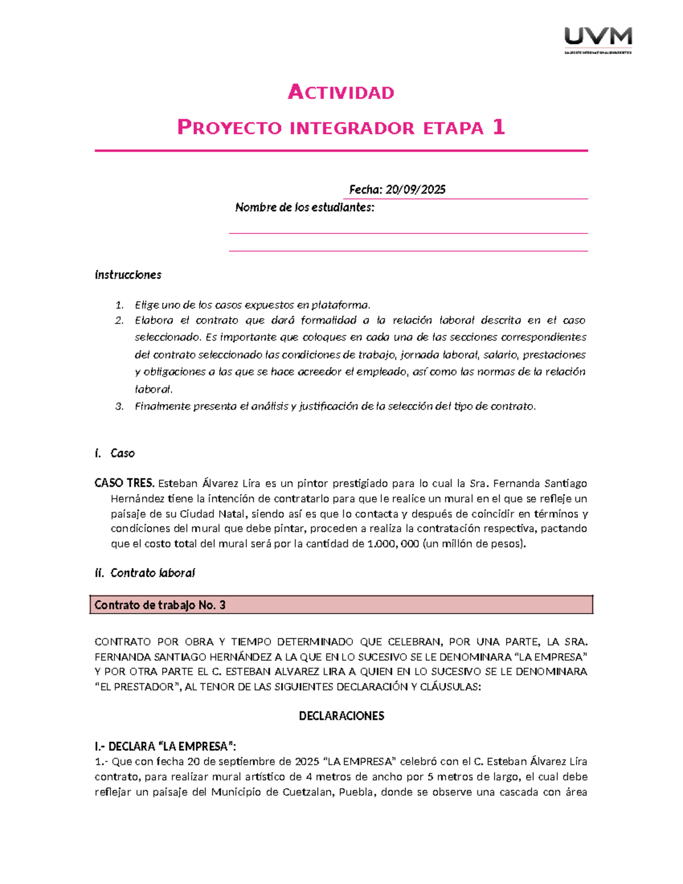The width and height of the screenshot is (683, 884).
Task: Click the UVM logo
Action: (598, 39)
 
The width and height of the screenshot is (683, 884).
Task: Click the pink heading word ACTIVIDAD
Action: (341, 92)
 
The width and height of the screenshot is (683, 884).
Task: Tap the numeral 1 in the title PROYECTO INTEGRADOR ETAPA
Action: (499, 127)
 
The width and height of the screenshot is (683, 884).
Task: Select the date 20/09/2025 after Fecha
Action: (415, 190)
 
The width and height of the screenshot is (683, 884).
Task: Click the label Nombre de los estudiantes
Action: (305, 207)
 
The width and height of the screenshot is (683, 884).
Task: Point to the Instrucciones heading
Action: (128, 275)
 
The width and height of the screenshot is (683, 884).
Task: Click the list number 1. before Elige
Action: (119, 305)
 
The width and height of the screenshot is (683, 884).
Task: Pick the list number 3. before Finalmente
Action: (119, 406)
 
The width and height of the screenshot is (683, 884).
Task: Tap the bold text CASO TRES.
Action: (124, 483)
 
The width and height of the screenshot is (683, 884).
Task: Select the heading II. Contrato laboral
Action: (145, 573)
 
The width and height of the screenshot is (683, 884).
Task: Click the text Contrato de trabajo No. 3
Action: (160, 605)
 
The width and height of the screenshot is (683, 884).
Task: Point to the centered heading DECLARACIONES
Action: (341, 716)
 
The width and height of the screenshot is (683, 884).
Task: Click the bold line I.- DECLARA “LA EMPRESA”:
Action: (165, 746)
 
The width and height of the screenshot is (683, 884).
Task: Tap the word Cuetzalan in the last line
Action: (308, 792)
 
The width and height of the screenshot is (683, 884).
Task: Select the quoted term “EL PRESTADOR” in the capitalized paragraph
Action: (137, 686)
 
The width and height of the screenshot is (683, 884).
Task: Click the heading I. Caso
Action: (115, 453)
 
